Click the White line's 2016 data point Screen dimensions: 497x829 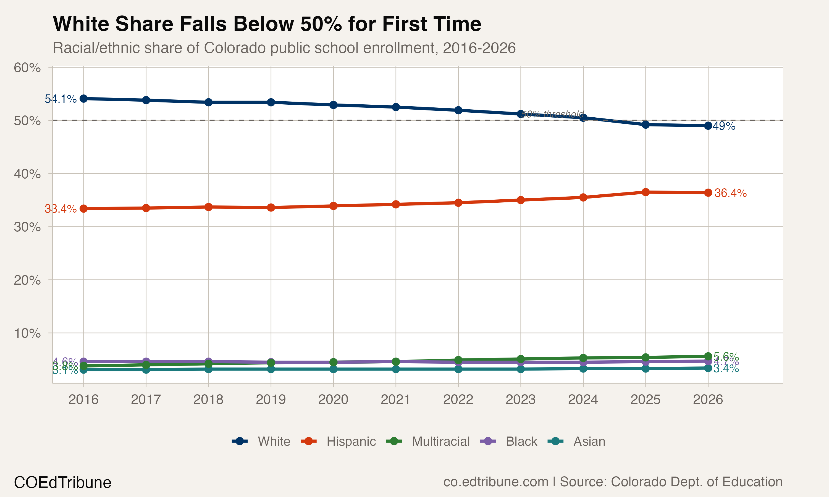coord(83,99)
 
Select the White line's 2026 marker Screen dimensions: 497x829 coord(708,126)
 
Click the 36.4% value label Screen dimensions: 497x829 coord(730,193)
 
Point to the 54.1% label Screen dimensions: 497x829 coord(61,99)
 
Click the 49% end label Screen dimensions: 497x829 coord(724,126)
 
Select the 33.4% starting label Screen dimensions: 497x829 coord(61,209)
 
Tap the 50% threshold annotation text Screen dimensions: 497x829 coord(553,114)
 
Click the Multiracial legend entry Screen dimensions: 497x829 coord(429,442)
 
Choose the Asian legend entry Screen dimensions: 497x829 coord(577,442)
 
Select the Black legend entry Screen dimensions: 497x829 coord(509,442)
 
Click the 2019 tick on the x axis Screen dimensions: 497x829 coord(271,399)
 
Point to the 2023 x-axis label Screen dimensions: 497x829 coord(520,399)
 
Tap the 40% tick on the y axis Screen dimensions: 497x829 coord(27,174)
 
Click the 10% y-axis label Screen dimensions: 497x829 coord(27,333)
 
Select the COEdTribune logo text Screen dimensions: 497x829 coord(63,483)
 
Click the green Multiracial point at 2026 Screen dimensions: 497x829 coord(708,356)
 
